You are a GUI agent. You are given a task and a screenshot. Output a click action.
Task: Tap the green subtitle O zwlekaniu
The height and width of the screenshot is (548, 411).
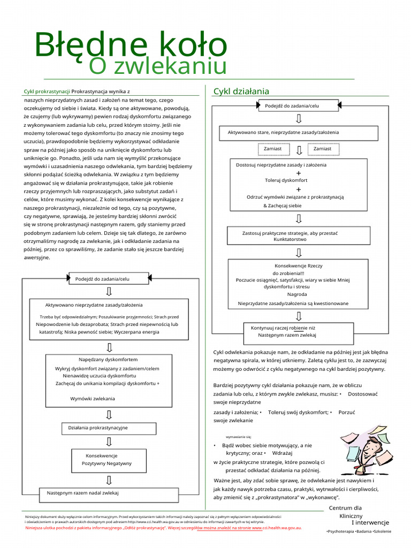click(157, 66)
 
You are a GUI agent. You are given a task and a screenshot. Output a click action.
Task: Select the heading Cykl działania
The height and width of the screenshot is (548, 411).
click(241, 91)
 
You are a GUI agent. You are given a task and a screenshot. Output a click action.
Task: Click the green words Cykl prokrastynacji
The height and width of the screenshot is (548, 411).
click(47, 92)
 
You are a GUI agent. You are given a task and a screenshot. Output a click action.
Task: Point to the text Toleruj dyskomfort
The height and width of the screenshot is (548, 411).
click(286, 180)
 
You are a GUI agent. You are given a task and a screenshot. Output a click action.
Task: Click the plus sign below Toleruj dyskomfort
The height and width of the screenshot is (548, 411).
click(298, 189)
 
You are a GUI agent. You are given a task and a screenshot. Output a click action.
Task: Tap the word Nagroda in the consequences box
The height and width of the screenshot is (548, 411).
click(297, 294)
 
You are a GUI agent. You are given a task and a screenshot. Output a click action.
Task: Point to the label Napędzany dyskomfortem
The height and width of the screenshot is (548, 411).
click(108, 360)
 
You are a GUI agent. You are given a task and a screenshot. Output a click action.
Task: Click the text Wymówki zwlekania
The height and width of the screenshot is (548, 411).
click(92, 399)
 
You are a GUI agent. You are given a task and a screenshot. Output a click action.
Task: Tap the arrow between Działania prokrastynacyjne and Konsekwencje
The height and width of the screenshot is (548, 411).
click(109, 442)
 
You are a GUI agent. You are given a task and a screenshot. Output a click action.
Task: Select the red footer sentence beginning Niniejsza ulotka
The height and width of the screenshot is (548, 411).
click(163, 528)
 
